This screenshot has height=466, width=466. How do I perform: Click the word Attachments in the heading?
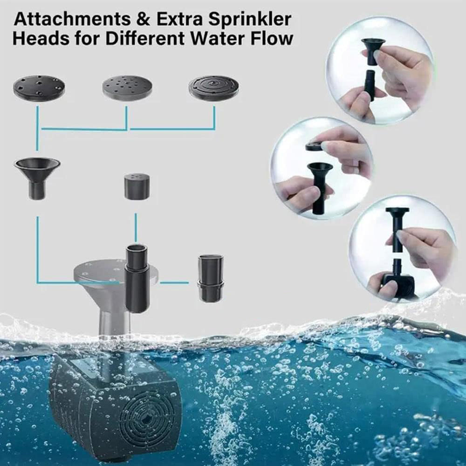[72, 19]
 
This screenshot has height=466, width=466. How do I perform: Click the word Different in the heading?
[146, 39]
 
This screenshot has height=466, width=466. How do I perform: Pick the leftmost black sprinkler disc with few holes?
[39, 88]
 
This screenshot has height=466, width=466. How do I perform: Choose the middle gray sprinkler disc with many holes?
[128, 88]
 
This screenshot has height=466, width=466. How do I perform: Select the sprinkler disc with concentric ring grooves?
[214, 88]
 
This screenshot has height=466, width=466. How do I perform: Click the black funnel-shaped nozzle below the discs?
[37, 178]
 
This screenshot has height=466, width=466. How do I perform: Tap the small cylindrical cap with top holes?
[137, 187]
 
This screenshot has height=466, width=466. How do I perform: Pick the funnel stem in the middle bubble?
[320, 188]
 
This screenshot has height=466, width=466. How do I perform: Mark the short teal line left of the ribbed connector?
[174, 283]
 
